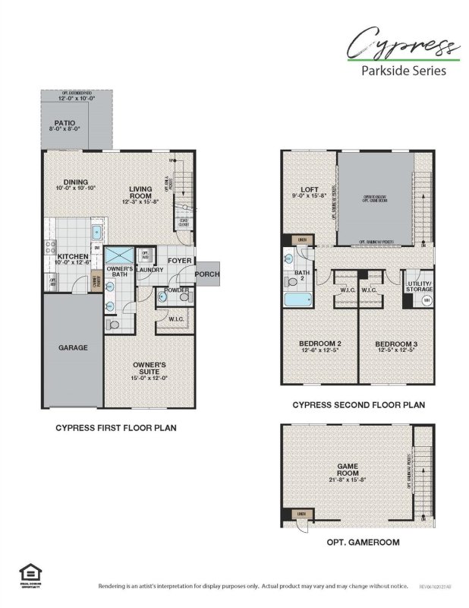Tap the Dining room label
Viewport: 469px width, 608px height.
pos(76,182)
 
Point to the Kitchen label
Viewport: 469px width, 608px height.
pos(74,257)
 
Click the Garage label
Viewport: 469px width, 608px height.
pos(74,347)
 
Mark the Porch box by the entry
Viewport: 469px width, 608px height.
pos(206,274)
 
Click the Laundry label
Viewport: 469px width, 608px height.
pos(150,269)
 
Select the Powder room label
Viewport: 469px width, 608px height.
pos(176,290)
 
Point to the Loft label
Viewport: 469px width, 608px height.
pos(309,189)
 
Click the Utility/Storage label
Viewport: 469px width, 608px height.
pos(419,287)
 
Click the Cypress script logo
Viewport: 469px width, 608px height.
pos(398,43)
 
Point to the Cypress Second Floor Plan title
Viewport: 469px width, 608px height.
pos(358,405)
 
